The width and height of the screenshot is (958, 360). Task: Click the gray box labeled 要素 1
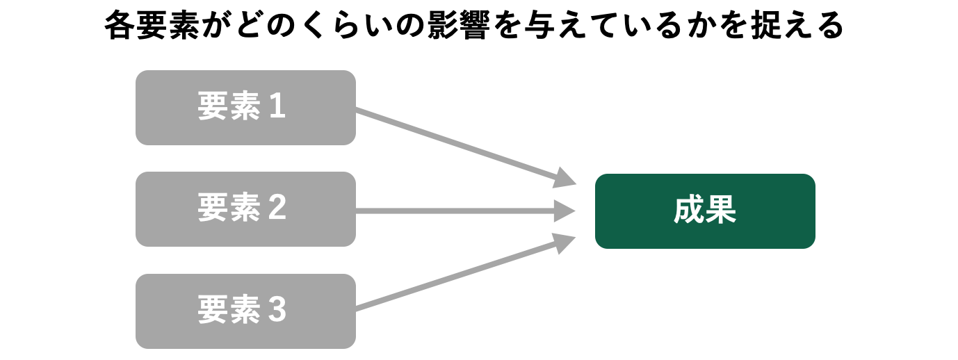[245, 108]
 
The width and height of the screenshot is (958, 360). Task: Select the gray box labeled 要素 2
[245, 209]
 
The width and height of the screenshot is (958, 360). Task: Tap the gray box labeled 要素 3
[245, 311]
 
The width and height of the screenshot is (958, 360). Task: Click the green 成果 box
[705, 211]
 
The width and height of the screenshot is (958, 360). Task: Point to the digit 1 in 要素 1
[277, 106]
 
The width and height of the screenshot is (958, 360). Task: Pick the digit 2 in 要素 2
[277, 207]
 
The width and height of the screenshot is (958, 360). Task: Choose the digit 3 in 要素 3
[277, 309]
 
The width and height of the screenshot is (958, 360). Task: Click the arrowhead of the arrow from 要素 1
[565, 178]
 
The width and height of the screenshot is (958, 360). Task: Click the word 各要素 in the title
[152, 26]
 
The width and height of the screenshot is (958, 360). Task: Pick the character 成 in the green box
[689, 209]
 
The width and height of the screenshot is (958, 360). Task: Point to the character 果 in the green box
[721, 209]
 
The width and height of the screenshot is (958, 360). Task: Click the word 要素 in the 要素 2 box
[229, 207]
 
